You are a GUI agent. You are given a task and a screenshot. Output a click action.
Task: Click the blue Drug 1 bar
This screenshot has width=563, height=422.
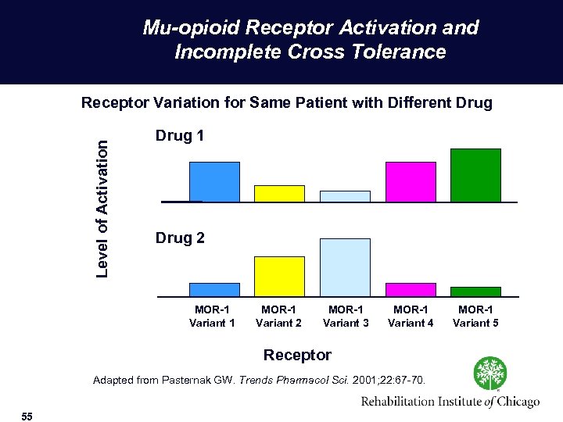click(214, 181)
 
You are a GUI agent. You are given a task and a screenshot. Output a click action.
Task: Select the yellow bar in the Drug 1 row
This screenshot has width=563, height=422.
click(279, 193)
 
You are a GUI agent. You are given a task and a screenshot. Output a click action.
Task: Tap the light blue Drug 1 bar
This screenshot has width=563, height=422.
click(345, 196)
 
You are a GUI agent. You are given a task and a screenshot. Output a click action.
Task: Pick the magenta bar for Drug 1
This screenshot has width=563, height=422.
click(411, 181)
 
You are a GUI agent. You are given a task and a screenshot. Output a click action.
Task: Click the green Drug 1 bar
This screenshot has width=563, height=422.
click(475, 175)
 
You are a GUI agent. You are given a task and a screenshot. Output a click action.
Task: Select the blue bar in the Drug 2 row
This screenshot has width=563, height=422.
click(214, 289)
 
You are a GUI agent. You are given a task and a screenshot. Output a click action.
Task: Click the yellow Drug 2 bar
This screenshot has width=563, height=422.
click(279, 276)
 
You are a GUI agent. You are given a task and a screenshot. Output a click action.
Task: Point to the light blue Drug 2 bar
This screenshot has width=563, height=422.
click(345, 267)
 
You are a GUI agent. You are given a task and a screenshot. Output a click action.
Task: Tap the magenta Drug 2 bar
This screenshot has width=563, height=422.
click(411, 289)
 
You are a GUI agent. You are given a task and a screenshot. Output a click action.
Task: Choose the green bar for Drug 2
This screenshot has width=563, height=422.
click(475, 291)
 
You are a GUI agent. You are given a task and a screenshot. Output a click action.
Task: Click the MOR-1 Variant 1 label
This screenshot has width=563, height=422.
click(212, 316)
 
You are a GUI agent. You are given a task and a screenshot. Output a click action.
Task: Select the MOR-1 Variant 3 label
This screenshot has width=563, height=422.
click(346, 316)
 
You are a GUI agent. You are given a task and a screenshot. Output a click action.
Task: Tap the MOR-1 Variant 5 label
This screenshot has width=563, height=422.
click(475, 316)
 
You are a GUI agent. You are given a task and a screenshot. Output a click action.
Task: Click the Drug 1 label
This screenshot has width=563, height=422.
click(180, 136)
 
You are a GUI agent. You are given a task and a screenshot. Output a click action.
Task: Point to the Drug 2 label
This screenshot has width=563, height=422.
click(180, 238)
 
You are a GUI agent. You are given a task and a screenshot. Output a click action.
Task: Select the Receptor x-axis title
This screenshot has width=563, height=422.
click(297, 355)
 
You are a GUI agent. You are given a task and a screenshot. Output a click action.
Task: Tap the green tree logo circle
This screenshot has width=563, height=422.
click(489, 374)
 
